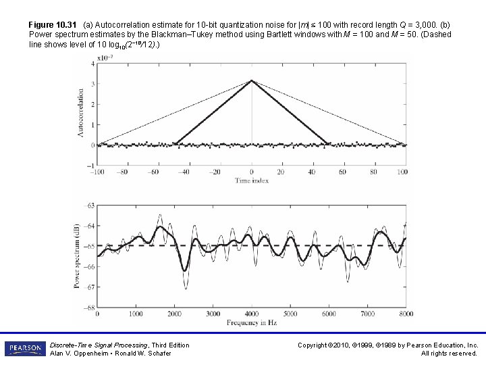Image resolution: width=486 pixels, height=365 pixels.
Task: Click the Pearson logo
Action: [25, 348]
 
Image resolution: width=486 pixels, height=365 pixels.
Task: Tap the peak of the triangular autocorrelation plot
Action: [252, 80]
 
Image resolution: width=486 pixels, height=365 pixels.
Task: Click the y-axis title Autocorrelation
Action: [81, 113]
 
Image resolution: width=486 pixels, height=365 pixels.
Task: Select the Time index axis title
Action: [251, 180]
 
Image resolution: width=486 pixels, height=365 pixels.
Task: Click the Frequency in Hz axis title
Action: [251, 323]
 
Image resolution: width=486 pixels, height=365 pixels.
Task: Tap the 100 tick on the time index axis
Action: [404, 172]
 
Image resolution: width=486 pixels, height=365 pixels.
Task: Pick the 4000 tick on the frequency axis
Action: [252, 314]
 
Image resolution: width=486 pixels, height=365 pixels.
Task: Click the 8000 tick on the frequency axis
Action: [406, 314]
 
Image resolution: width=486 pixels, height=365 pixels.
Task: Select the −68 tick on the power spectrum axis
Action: [89, 308]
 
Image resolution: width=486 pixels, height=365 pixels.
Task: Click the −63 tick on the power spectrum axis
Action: [89, 205]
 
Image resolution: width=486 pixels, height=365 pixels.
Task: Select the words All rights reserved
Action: [449, 353]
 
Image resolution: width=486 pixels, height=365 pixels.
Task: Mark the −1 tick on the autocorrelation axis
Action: [90, 165]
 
